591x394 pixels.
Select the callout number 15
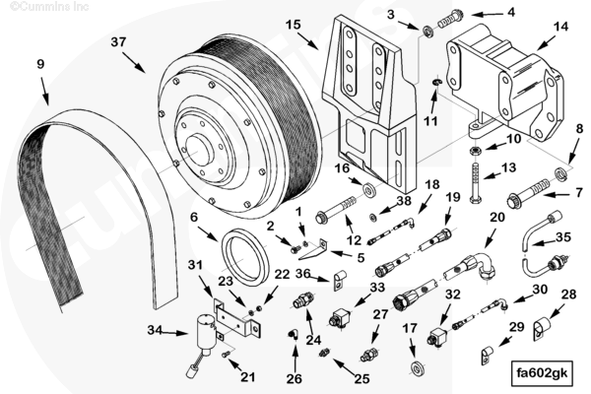[294, 23]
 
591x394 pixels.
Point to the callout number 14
[560, 27]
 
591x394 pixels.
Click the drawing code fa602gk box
[542, 373]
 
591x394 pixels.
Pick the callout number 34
[154, 330]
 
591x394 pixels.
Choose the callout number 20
[497, 218]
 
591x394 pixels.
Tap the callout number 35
[562, 237]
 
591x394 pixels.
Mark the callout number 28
[568, 295]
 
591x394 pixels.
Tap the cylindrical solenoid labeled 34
[209, 330]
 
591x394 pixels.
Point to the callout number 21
[247, 376]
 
